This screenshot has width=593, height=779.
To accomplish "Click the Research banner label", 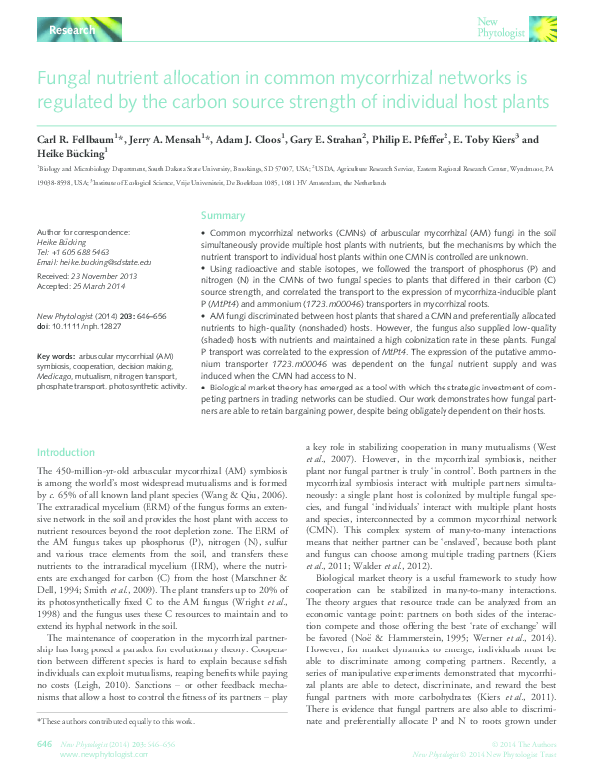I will [71, 32].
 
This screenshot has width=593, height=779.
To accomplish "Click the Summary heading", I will [223, 216].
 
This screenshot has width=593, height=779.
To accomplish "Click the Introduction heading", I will [66, 452].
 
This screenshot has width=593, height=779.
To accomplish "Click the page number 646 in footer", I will [44, 743].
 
